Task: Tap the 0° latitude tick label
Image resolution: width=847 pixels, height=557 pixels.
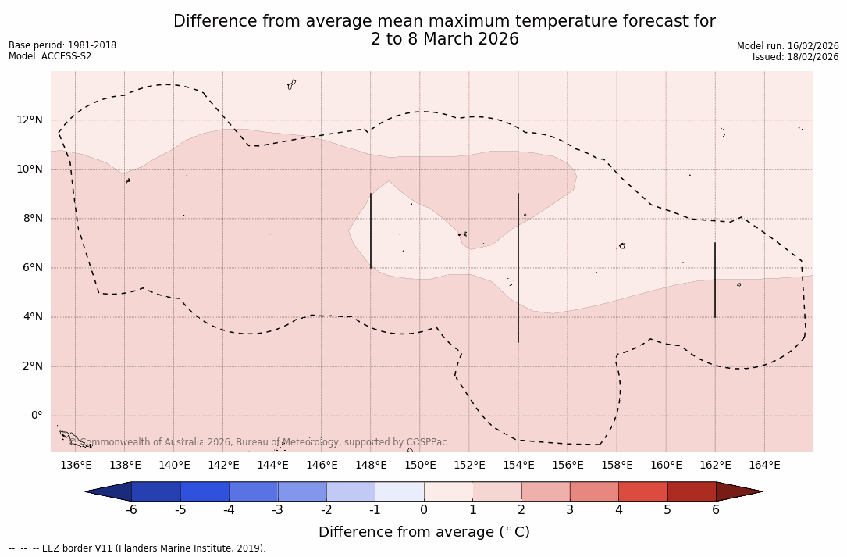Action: pyautogui.click(x=36, y=416)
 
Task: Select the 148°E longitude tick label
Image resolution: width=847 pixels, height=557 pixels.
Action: pyautogui.click(x=371, y=466)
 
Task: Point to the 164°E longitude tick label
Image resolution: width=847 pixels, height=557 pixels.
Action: pyautogui.click(x=764, y=466)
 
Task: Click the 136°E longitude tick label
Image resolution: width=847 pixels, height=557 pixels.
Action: pyautogui.click(x=76, y=466)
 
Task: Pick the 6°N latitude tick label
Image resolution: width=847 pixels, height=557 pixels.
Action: pyautogui.click(x=30, y=268)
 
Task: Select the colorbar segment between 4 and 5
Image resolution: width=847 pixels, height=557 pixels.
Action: pyautogui.click(x=642, y=491)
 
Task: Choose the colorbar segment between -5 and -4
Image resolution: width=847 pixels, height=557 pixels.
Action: pyautogui.click(x=205, y=491)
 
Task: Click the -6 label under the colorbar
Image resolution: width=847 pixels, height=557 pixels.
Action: pyautogui.click(x=131, y=510)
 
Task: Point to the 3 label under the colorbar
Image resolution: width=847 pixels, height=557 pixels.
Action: pyautogui.click(x=570, y=510)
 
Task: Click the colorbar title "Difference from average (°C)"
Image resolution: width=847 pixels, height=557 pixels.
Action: pyautogui.click(x=424, y=532)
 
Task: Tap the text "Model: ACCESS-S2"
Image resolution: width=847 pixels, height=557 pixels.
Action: pyautogui.click(x=50, y=56)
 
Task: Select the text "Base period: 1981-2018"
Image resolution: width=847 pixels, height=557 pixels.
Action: pyautogui.click(x=62, y=45)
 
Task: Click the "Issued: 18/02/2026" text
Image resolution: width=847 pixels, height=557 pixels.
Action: pyautogui.click(x=795, y=57)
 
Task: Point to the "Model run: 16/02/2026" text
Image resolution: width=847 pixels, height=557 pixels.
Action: pyautogui.click(x=788, y=46)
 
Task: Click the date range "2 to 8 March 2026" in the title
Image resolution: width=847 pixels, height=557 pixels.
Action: pyautogui.click(x=444, y=39)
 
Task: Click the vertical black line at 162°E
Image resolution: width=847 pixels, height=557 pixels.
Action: pyautogui.click(x=715, y=280)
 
